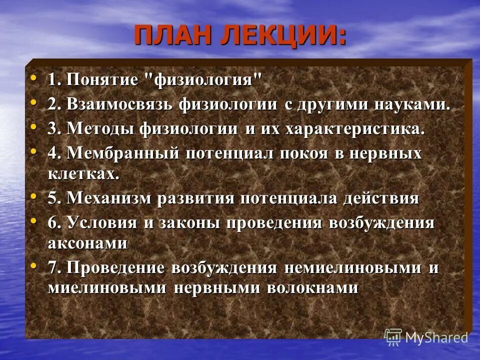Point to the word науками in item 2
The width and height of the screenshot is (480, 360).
(408, 105)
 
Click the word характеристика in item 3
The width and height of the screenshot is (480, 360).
(354, 129)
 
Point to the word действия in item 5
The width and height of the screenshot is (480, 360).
(381, 198)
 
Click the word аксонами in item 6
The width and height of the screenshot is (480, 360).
(87, 244)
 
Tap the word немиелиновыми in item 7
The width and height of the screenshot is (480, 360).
(352, 268)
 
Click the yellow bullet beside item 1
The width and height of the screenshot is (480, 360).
(33, 78)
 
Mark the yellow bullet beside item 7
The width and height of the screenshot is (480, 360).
(33, 265)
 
